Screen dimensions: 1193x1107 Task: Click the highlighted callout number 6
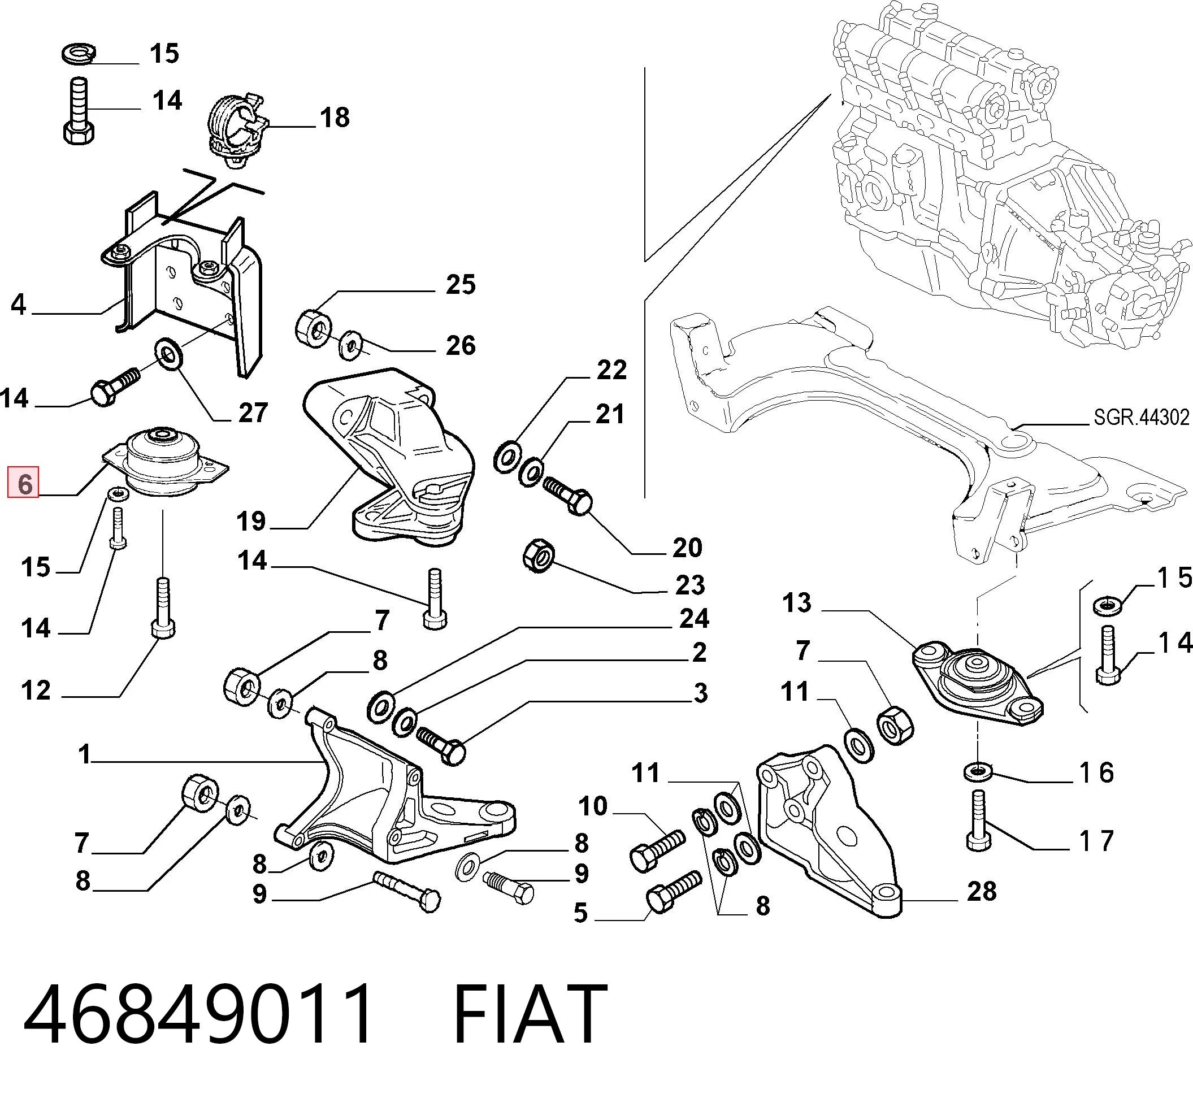click(23, 482)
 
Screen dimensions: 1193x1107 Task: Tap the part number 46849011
click(197, 1014)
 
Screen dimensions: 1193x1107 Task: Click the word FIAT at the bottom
click(530, 1014)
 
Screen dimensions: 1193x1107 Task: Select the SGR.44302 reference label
click(1141, 417)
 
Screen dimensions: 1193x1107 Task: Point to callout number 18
click(335, 118)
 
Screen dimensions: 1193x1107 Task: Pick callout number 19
click(251, 521)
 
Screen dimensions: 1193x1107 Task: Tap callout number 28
click(982, 891)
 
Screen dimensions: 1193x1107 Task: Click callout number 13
click(796, 602)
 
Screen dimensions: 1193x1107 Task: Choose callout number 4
click(19, 305)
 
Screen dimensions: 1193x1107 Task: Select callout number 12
click(36, 690)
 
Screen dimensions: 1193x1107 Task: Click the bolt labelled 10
click(657, 849)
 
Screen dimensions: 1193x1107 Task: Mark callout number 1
click(84, 754)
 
